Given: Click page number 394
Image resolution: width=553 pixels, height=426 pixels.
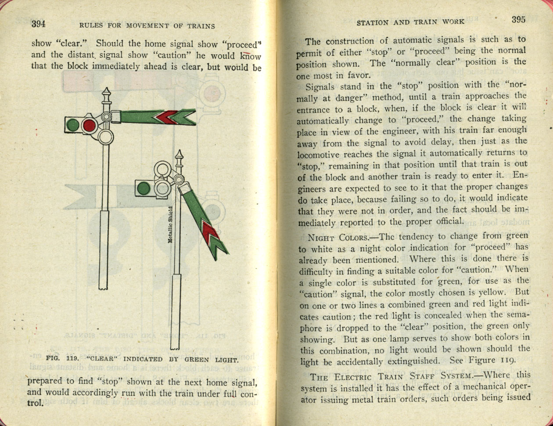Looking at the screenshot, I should pos(39,24).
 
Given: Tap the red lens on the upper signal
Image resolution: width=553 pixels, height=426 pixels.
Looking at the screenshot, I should pos(89,125).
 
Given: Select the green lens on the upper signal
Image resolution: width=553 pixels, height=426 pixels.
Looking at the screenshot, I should pos(72,125).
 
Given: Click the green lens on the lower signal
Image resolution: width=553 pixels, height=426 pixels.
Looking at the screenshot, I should pos(144,188).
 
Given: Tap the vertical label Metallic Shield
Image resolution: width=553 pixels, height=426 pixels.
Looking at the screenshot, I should pos(170,225).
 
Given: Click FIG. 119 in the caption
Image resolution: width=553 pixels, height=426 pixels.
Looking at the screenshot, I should pos(62,359).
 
